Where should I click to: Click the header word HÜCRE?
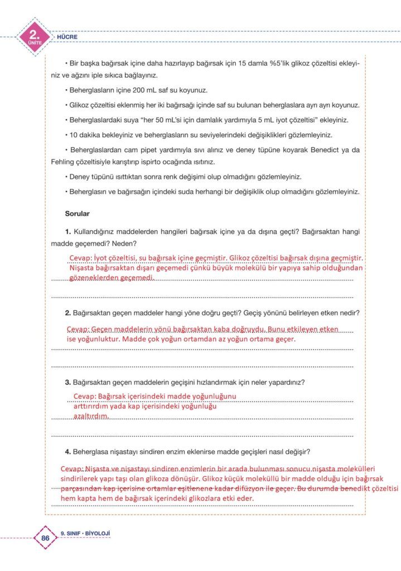[x=67, y=37]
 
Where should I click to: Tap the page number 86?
[x=46, y=538]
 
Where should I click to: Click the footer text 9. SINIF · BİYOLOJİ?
[x=85, y=533]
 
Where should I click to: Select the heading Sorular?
[x=78, y=213]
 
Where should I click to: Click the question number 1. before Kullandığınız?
[x=68, y=231]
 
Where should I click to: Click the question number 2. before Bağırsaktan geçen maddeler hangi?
[x=68, y=312]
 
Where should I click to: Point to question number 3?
[x=68, y=382]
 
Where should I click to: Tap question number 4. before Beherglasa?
[x=68, y=451]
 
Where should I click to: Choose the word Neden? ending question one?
[x=123, y=244]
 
